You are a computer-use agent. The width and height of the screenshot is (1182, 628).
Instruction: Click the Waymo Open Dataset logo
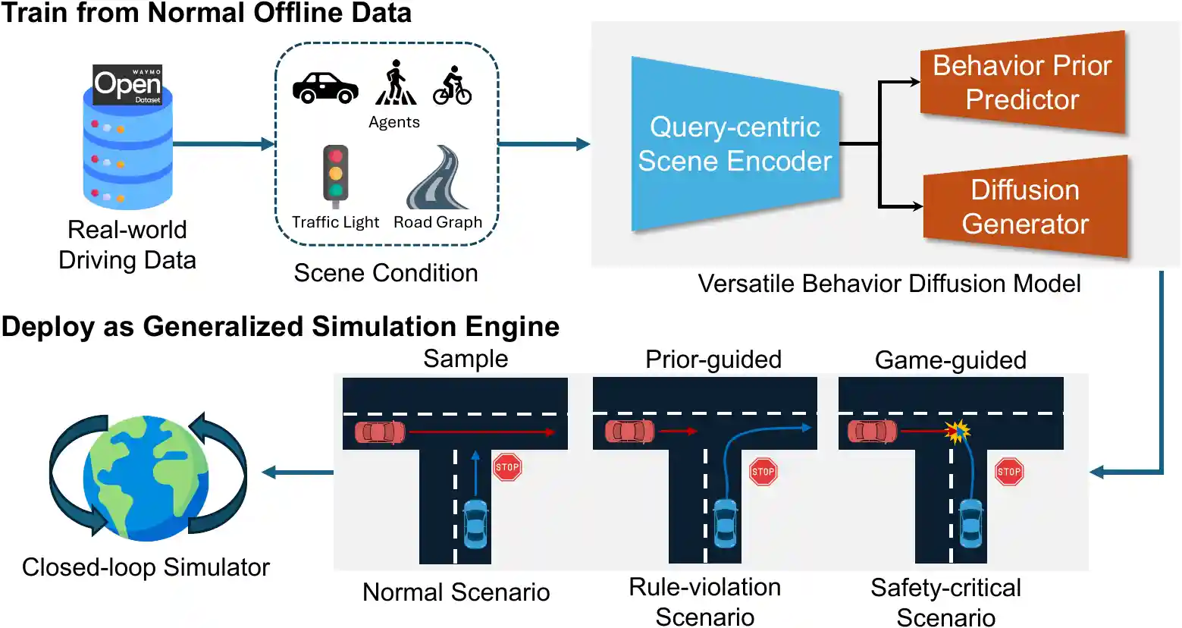(x=127, y=84)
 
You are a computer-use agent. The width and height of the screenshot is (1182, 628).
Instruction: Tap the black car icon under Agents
(x=325, y=87)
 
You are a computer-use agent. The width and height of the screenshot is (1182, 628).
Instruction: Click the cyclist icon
(x=453, y=86)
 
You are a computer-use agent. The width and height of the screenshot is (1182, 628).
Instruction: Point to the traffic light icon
(x=335, y=175)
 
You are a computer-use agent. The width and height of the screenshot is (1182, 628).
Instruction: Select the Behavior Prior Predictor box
(x=1022, y=83)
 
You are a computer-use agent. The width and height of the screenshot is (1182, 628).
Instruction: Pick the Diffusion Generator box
(x=1025, y=207)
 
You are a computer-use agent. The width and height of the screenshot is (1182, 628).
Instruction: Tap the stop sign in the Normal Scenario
(x=507, y=467)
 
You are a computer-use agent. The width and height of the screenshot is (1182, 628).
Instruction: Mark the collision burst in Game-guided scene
(x=958, y=432)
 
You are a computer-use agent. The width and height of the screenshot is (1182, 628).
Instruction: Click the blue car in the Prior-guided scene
(x=726, y=523)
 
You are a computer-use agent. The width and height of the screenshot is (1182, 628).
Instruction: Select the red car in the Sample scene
(x=380, y=433)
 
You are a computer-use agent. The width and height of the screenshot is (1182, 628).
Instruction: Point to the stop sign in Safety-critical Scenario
(x=1008, y=472)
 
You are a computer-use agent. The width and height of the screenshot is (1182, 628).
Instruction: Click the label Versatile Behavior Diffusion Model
(x=889, y=284)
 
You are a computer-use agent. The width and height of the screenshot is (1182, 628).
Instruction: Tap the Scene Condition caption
(x=386, y=273)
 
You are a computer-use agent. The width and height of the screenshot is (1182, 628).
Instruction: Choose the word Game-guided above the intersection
(x=950, y=360)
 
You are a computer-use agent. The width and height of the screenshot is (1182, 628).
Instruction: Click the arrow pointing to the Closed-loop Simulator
(x=297, y=473)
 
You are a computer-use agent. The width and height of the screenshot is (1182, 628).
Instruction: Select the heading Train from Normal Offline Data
(x=206, y=13)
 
